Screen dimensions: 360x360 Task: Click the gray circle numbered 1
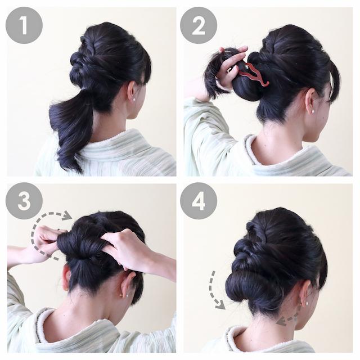tap(24, 25)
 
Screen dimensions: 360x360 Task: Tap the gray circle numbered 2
tap(199, 25)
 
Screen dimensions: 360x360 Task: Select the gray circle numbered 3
tap(24, 201)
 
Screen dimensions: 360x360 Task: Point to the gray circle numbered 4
tap(199, 201)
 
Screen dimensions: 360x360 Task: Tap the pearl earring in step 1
tap(133, 100)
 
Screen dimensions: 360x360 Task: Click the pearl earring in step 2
tap(313, 111)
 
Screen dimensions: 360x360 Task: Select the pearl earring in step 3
tap(121, 295)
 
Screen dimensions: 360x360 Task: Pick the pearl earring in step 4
tap(307, 304)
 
